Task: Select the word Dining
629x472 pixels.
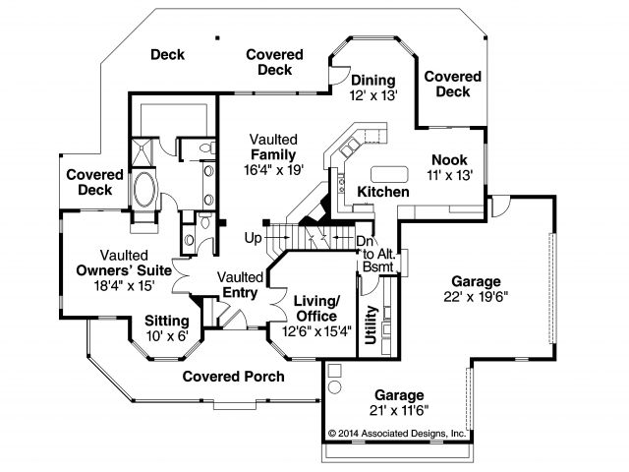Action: (x=372, y=81)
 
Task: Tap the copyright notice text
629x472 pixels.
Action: (x=397, y=432)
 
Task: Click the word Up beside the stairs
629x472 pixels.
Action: (x=253, y=239)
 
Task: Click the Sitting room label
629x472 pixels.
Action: (x=168, y=321)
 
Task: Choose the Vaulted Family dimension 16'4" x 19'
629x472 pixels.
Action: (x=274, y=170)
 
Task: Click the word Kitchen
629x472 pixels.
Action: (x=382, y=192)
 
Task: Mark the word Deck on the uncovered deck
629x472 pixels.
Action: (x=168, y=55)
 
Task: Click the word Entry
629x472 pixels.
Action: (x=240, y=292)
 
